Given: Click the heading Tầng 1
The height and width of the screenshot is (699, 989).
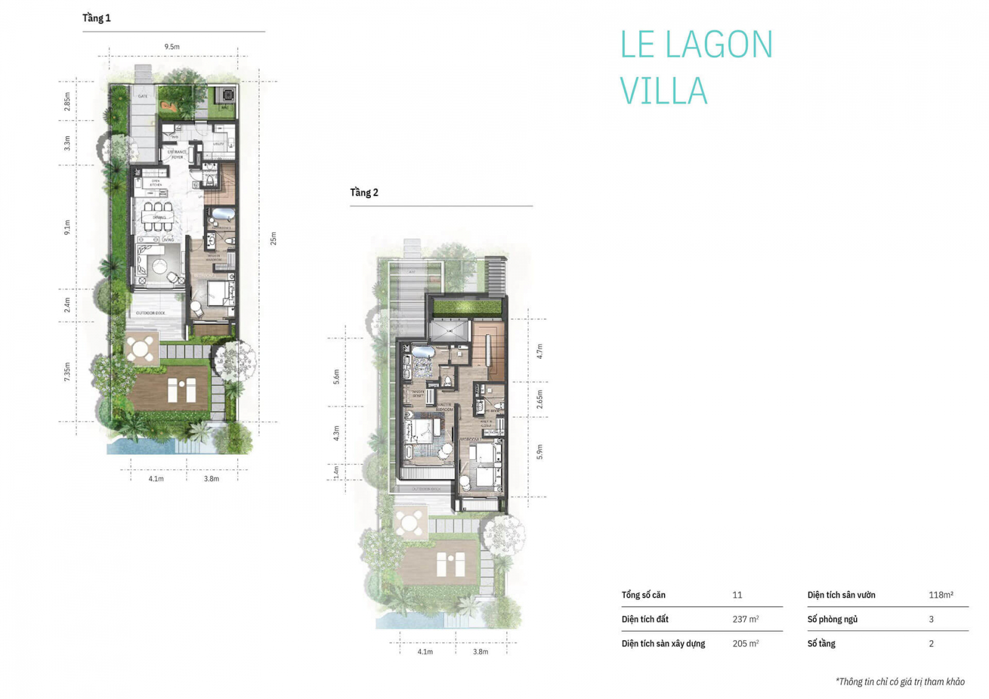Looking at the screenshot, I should pos(96,18).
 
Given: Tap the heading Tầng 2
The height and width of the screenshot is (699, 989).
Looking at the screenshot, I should pos(364,192).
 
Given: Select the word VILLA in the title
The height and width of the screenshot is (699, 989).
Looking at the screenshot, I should pos(663,91).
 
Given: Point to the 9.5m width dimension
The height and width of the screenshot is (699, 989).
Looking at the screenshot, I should pos(172,46).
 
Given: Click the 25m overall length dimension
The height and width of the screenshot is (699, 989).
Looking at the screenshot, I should pos(273,238).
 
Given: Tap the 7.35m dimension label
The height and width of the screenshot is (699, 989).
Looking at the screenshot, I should pos(67,371).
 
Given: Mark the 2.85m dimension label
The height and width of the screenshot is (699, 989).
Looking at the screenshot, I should pos(67,101).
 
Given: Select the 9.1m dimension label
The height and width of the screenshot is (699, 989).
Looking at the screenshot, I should pos(67,227).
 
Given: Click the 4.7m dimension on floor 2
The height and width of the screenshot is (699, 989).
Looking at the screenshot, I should pos(540,351).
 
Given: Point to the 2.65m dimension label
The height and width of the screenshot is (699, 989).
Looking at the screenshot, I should pos(540,399).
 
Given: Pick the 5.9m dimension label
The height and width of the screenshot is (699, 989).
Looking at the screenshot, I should pos(540,452).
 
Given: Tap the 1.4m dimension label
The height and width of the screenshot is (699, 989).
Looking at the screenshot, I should pos(336,472).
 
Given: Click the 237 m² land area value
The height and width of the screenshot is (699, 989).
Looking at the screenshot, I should pos(745,619).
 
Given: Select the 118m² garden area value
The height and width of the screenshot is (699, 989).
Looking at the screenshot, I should pos(941,595).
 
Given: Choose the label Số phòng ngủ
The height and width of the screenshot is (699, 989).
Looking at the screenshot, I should pos(832,619).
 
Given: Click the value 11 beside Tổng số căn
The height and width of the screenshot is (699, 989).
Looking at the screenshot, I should pos(737,595).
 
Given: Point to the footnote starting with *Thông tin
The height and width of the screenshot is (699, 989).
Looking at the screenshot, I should pos(900,682).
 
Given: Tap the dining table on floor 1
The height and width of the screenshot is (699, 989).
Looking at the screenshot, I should pos(158,217).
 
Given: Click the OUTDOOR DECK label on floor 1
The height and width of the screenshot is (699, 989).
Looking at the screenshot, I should pos(150,313).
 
